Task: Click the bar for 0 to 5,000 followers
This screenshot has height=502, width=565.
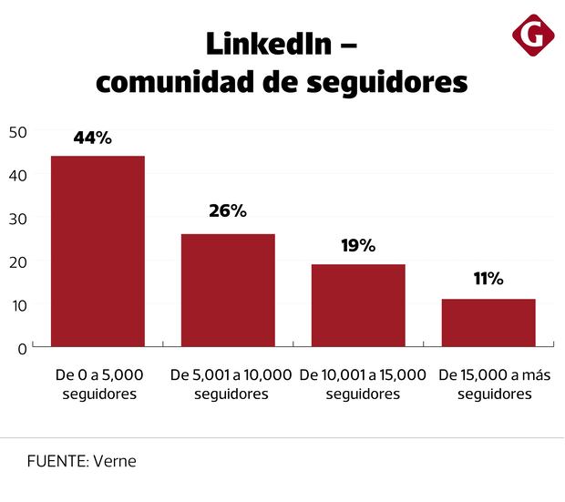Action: pyautogui.click(x=98, y=251)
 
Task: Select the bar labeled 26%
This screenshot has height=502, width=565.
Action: pyautogui.click(x=228, y=290)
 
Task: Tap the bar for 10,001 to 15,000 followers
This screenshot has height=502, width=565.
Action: pyautogui.click(x=358, y=305)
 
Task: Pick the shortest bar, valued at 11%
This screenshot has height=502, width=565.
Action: pyautogui.click(x=488, y=323)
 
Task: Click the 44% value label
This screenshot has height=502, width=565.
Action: pyautogui.click(x=92, y=138)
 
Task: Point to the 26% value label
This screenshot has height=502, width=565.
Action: pyautogui.click(x=228, y=211)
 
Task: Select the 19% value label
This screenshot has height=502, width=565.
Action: pyautogui.click(x=358, y=245)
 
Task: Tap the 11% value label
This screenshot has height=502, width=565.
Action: pyautogui.click(x=488, y=279)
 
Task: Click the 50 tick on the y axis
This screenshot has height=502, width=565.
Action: pyautogui.click(x=18, y=132)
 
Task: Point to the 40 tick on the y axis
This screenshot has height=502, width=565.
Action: pyautogui.click(x=18, y=175)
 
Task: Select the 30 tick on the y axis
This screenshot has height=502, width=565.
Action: pyautogui.click(x=18, y=219)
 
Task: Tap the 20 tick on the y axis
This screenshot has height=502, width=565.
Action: pyautogui.click(x=18, y=261)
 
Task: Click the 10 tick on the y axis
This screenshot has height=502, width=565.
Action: pyautogui.click(x=18, y=304)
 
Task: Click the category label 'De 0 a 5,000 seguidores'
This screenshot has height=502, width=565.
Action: pyautogui.click(x=99, y=384)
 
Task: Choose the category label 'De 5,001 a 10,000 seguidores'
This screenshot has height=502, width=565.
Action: pyautogui.click(x=231, y=384)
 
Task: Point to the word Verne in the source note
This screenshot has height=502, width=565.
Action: pyautogui.click(x=115, y=461)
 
